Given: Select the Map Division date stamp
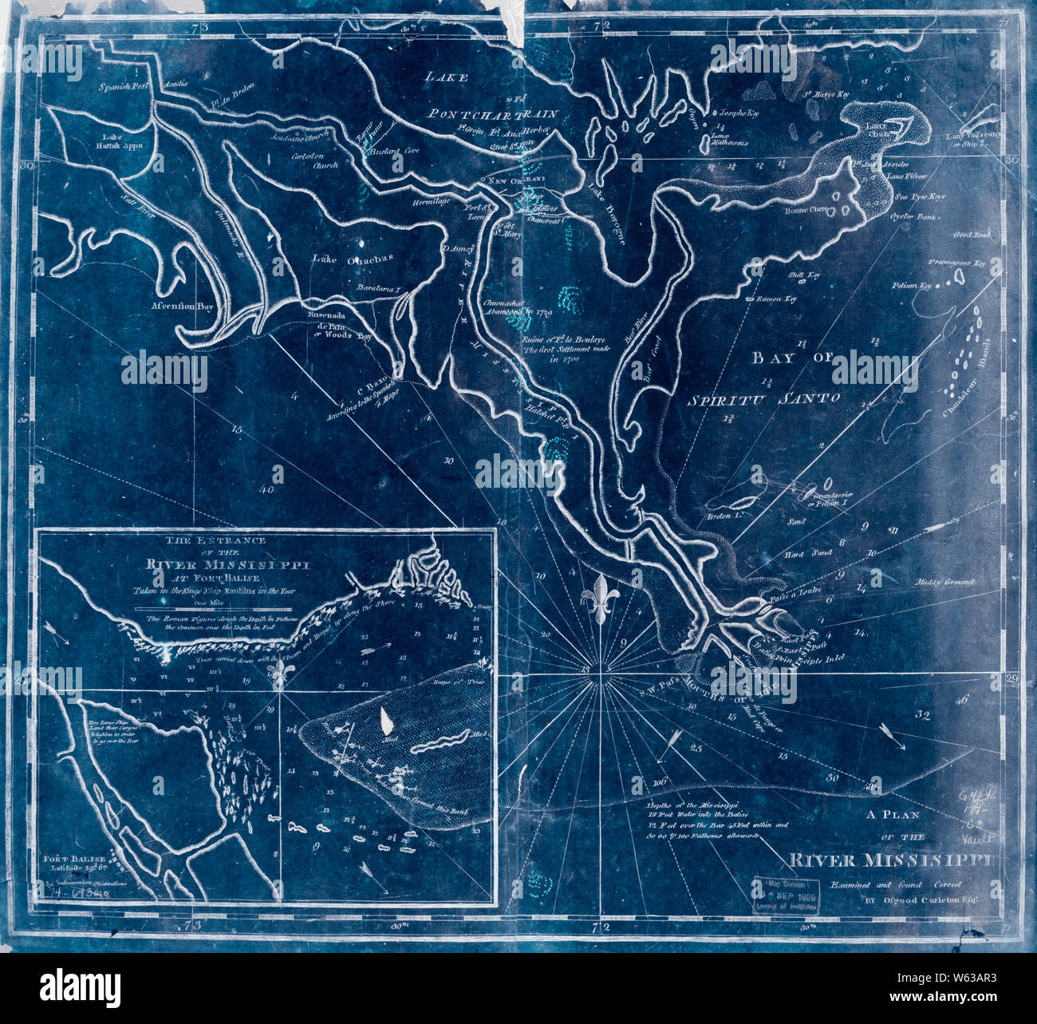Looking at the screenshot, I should [783, 890].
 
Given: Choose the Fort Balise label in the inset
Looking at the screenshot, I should [73, 860].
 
